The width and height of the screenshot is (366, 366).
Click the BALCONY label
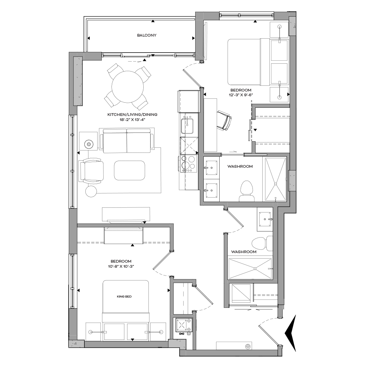pyautogui.click(x=147, y=35)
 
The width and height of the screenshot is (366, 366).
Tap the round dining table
pyautogui.click(x=129, y=87)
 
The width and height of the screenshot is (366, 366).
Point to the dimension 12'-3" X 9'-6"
pyautogui.click(x=241, y=95)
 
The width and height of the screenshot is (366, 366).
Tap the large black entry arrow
pyautogui.click(x=291, y=333)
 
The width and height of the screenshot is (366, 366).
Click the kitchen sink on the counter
pyautogui.click(x=187, y=124)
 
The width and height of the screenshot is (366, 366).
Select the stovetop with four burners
pyautogui.click(x=188, y=163)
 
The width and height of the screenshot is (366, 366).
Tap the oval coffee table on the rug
pyautogui.click(x=129, y=170)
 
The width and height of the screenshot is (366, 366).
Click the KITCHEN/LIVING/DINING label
pyautogui.click(x=132, y=115)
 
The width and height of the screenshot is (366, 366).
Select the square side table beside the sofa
pyautogui.click(x=88, y=141)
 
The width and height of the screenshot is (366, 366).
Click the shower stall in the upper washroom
pyautogui.click(x=275, y=180)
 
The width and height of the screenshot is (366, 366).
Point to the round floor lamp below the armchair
pyautogui.click(x=91, y=191)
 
